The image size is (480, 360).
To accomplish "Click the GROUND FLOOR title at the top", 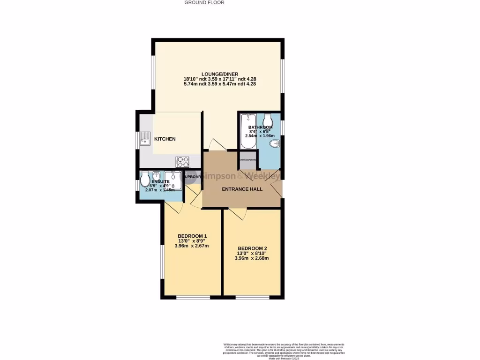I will pos(204,2).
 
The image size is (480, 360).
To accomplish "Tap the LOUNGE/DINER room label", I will pos(220,74).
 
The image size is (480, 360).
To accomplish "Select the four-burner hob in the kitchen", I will pos(182,162).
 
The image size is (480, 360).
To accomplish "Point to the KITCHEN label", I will pos(165,139).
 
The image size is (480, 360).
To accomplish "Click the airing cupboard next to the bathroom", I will pos(248,160).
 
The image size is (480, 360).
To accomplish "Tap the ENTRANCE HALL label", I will pos(242,189).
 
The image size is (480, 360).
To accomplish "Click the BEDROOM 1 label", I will pos(192,236).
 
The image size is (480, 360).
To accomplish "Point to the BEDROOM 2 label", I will pos(252,248).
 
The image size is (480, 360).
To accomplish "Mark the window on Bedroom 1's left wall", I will pos(162,267).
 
